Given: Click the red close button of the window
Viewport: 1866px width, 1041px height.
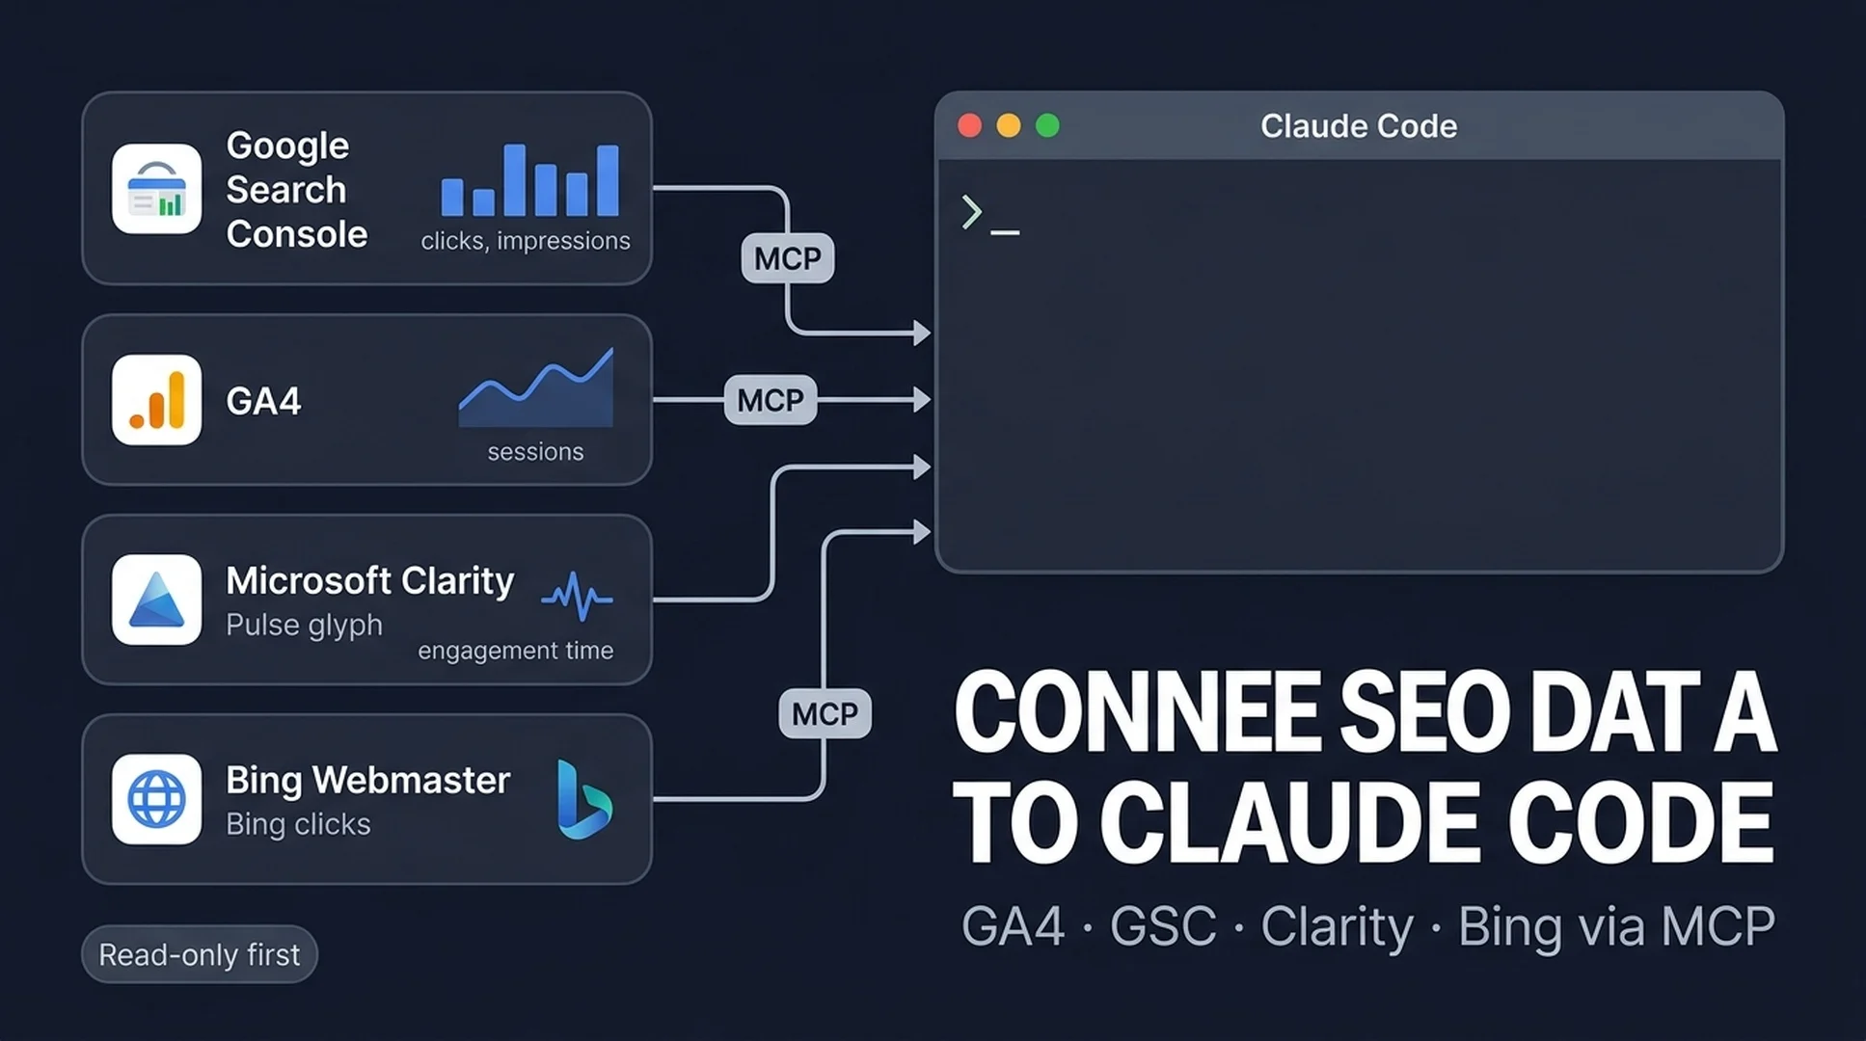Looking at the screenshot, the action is pyautogui.click(x=969, y=125).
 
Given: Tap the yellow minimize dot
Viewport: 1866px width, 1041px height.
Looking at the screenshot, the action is pyautogui.click(x=1009, y=125).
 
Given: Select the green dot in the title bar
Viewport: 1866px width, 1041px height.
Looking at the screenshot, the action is pyautogui.click(x=1047, y=125).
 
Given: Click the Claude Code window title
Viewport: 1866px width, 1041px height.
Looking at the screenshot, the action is pyautogui.click(x=1359, y=125).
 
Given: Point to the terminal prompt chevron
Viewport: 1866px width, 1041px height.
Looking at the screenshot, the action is pyautogui.click(x=971, y=212).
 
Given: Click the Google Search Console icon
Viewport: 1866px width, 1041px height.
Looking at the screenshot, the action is pyautogui.click(x=156, y=189).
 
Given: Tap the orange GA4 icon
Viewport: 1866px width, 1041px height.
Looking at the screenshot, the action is pyautogui.click(x=156, y=400).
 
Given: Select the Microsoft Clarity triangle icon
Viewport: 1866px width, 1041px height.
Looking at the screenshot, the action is pyautogui.click(x=156, y=600).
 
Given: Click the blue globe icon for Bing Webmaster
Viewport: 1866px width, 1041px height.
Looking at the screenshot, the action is pyautogui.click(x=156, y=799).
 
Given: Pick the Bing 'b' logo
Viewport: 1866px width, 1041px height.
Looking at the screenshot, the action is pyautogui.click(x=583, y=799).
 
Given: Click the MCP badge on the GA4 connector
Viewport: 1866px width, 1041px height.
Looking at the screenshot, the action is pyautogui.click(x=771, y=400).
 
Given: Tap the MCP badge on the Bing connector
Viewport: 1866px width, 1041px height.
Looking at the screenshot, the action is pyautogui.click(x=825, y=713).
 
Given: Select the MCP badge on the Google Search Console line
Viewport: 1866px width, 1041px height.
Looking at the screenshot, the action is pyautogui.click(x=788, y=258).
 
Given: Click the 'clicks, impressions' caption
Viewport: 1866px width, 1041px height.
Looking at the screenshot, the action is pyautogui.click(x=526, y=241).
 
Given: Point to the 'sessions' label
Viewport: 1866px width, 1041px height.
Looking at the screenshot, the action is pyautogui.click(x=535, y=451).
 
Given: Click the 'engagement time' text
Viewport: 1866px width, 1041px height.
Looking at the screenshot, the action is pyautogui.click(x=515, y=651).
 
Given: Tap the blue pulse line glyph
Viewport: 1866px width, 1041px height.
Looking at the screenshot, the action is pyautogui.click(x=577, y=597).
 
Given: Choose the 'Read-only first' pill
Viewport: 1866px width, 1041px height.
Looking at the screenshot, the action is pyautogui.click(x=200, y=954).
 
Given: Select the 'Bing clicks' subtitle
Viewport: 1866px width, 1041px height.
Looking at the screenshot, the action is pyautogui.click(x=298, y=824).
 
